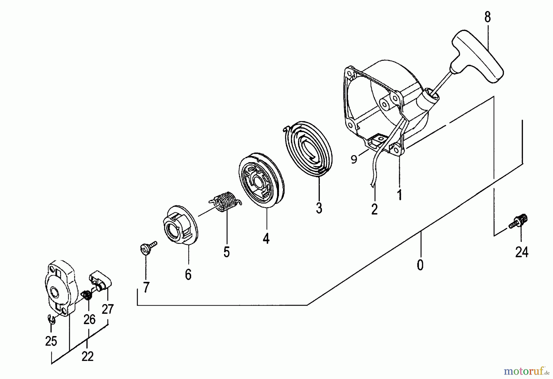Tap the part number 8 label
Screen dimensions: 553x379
pos(488,17)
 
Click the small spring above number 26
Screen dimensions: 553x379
pos(88,295)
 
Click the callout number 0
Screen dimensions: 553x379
pos(420,265)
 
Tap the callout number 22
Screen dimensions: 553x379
pos(88,357)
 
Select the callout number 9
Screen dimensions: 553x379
pos(354,159)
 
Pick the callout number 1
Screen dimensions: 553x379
pos(400,195)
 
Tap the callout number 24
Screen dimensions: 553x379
pos(522,252)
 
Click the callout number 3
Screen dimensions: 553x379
pos(319,208)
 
